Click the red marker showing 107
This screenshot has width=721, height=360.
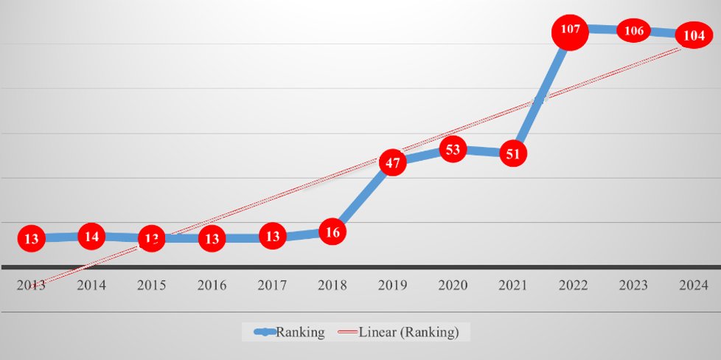pos(571,30)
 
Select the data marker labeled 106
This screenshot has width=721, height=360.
pos(633,31)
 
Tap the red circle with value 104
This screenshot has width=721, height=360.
pos(694,35)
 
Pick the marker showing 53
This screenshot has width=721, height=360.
pos(453,150)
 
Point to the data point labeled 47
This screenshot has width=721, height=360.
pos(392,162)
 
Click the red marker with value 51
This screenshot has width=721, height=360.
pos(513,154)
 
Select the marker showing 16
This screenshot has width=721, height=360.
pos(332,232)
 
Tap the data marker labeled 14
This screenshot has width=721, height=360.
pos(92,237)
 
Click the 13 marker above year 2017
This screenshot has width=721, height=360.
pos(272,237)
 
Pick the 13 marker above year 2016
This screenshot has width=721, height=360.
pos(212,238)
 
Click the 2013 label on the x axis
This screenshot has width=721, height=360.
pos(32,285)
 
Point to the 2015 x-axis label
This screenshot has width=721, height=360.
pos(152,285)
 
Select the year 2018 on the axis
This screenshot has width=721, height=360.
pos(332,285)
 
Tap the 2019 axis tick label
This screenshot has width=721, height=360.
pos(392,285)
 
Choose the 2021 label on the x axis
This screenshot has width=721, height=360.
pos(513,285)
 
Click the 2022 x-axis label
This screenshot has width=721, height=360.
pos(573,285)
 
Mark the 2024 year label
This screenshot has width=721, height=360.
pos(693,285)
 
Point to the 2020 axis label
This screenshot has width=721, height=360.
pos(453,285)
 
